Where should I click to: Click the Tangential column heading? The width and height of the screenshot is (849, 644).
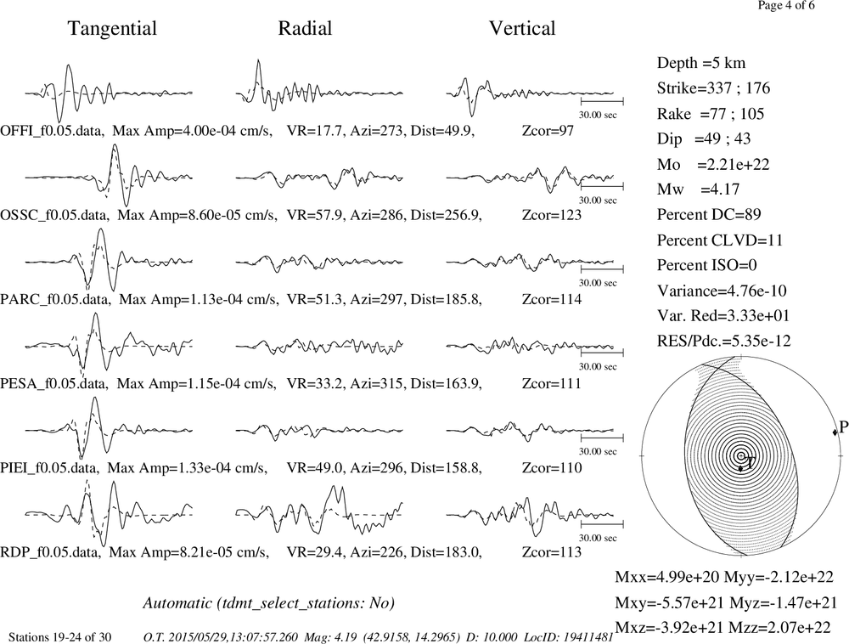pos(112,29)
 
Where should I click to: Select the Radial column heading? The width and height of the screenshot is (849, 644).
pos(305,28)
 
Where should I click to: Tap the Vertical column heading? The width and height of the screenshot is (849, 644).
pos(522,28)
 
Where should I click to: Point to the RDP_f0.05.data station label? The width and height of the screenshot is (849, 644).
pos(50,552)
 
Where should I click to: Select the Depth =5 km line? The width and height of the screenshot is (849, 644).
pos(701,64)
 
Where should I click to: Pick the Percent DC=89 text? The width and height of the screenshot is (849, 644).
pos(709,214)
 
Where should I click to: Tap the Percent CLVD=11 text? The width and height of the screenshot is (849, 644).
pos(720,240)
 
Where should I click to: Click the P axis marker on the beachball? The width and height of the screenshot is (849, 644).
pos(835,431)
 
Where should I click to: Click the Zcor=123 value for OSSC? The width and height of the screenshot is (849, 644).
pos(552,215)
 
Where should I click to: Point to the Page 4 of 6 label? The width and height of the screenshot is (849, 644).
pos(785,5)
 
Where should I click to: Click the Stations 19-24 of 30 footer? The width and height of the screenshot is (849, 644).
pos(60,637)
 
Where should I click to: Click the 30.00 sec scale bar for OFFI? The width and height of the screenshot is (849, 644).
pos(602,101)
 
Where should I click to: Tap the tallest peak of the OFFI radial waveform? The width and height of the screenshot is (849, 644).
pos(259,60)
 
